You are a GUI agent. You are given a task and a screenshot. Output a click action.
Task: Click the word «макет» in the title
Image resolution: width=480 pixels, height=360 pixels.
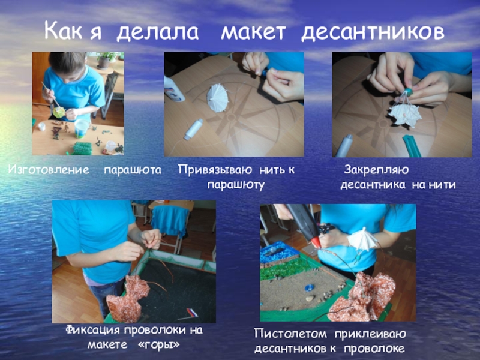[x=253, y=32]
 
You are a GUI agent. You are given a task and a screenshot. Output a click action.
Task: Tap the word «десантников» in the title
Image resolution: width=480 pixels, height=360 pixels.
[x=373, y=32]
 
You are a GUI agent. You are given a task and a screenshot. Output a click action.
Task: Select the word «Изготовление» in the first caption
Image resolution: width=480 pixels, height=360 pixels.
[x=49, y=170]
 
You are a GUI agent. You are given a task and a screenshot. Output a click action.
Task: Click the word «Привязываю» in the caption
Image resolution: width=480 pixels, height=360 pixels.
[x=215, y=170]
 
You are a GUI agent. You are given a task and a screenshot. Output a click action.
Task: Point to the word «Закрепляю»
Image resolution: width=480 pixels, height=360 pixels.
[x=376, y=170]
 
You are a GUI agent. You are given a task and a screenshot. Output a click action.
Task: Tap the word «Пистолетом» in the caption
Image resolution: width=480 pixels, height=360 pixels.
[x=290, y=334]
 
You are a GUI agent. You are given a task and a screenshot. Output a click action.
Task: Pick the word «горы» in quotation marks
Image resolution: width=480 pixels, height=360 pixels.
[x=159, y=345]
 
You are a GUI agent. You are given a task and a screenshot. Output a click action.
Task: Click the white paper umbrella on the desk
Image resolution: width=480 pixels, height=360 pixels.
[x=217, y=97]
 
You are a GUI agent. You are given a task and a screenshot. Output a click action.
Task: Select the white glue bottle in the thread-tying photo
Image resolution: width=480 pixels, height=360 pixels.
[x=173, y=89]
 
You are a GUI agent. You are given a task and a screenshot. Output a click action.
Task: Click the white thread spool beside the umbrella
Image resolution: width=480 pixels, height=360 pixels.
[x=193, y=129]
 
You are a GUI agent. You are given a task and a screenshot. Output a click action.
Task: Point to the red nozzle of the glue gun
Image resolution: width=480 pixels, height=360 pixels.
[x=316, y=242]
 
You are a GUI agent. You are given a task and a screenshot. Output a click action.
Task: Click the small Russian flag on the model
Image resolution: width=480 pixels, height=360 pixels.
[x=192, y=313]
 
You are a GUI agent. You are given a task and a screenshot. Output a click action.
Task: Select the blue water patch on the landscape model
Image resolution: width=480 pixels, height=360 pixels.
[x=278, y=251]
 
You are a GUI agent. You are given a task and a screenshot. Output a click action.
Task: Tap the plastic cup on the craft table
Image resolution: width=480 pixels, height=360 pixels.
[x=82, y=128]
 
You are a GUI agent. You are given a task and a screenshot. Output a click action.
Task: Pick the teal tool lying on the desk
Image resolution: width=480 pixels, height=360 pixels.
[x=412, y=145]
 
